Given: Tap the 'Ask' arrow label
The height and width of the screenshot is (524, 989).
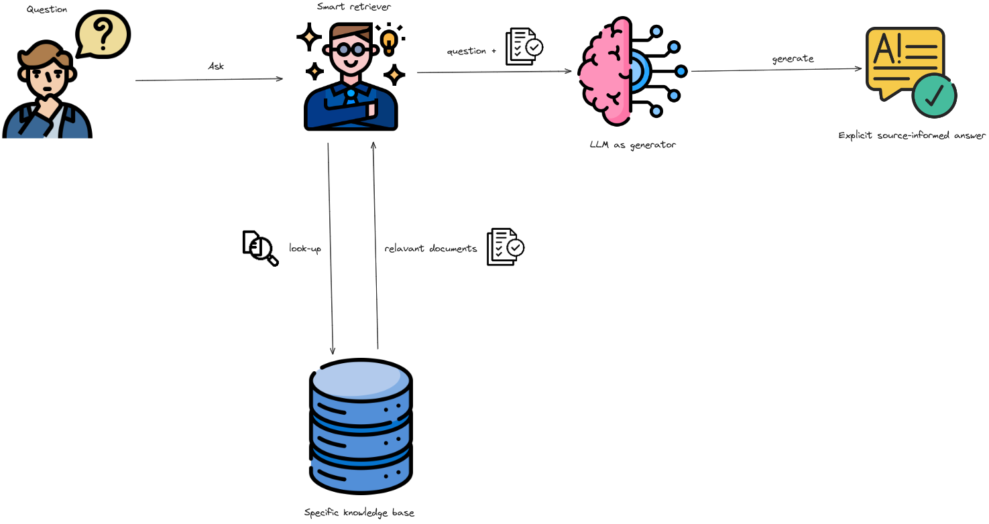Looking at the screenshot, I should click(x=216, y=66).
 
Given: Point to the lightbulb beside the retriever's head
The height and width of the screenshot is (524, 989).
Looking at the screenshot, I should click(x=388, y=41).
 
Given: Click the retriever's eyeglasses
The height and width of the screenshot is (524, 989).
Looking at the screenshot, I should click(x=349, y=50).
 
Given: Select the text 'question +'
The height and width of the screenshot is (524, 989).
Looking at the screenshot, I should click(x=471, y=51).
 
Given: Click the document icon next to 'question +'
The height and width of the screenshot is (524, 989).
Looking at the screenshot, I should click(x=524, y=46).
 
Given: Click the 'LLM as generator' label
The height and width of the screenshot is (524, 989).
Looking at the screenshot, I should click(x=632, y=145).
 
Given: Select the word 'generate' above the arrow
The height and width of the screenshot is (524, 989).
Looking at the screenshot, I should click(x=793, y=59).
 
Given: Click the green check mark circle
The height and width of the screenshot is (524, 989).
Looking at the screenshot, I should click(x=934, y=96).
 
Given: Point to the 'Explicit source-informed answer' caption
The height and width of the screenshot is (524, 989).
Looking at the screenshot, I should click(x=912, y=135).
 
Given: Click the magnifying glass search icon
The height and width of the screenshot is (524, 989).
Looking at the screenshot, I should click(x=260, y=248).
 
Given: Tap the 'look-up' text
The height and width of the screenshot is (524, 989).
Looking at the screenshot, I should click(x=305, y=248).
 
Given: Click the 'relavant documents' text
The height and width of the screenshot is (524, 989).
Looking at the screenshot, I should click(x=430, y=249).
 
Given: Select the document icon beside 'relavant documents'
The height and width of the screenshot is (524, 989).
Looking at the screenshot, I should click(x=505, y=247).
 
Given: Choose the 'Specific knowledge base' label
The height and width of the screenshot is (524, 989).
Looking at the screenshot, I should click(x=359, y=513).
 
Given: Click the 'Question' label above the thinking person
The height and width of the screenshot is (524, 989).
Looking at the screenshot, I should click(x=47, y=9).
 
